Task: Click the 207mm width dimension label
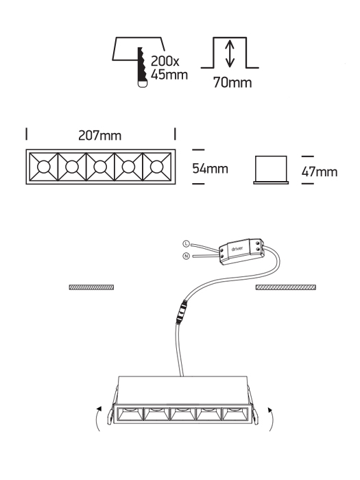click(100, 135)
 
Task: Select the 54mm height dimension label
click(211, 169)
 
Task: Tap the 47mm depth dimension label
click(320, 171)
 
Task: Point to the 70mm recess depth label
click(232, 82)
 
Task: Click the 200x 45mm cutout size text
click(169, 68)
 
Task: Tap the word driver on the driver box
click(237, 248)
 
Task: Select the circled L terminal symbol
click(186, 243)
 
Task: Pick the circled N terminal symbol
click(186, 256)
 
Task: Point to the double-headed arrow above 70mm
click(230, 54)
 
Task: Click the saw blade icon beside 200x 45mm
click(143, 67)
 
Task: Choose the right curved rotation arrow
click(271, 419)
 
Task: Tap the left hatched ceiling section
click(91, 287)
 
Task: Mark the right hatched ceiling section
click(286, 287)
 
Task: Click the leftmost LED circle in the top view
click(43, 167)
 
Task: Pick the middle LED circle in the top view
click(100, 167)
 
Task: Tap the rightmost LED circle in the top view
click(157, 167)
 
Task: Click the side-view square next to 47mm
click(271, 170)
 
